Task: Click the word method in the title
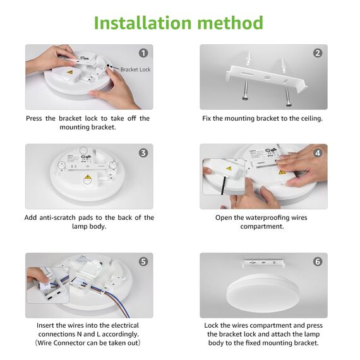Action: [x=227, y=23]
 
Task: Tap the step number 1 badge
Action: [x=143, y=54]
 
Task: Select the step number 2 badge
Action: [x=318, y=54]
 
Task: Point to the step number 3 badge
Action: [x=143, y=153]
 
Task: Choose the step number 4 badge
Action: [x=318, y=153]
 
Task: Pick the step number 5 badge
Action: [x=143, y=261]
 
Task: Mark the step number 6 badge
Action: [x=318, y=261]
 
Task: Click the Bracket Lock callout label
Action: [x=135, y=68]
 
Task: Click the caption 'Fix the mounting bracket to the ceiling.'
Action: [x=262, y=119]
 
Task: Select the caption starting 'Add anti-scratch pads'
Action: [x=89, y=222]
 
